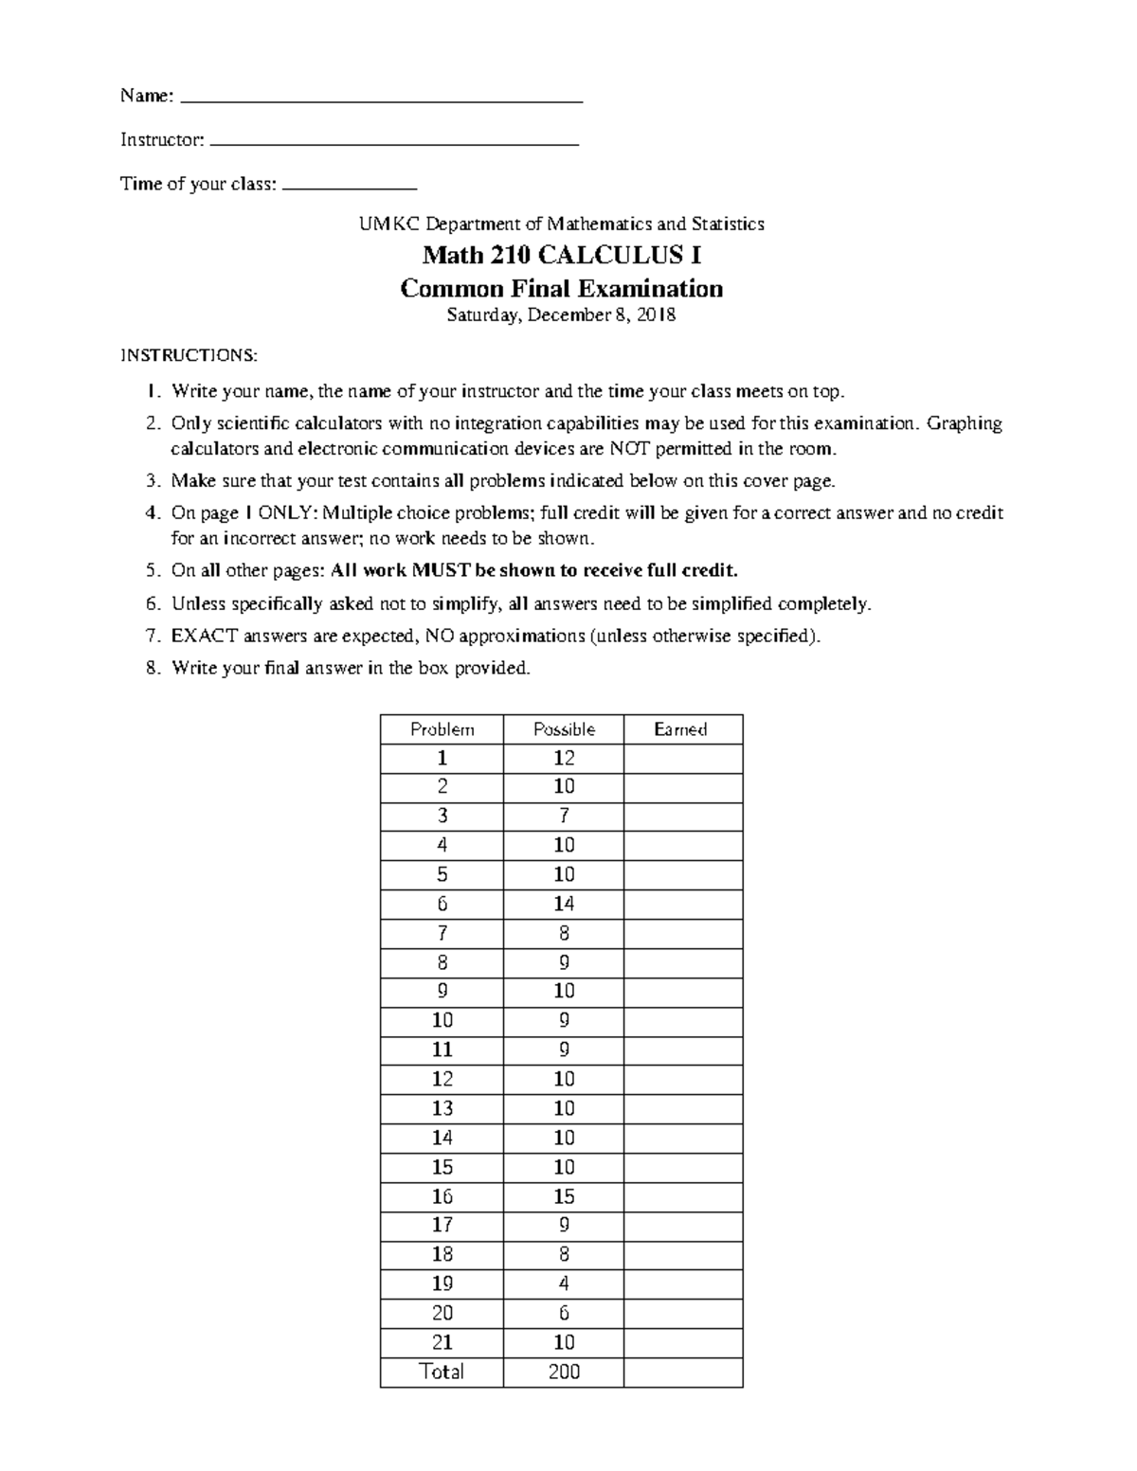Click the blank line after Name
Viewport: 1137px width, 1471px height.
tap(381, 99)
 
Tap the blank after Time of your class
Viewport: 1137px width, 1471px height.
tap(350, 187)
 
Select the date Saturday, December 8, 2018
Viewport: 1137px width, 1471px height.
tap(561, 315)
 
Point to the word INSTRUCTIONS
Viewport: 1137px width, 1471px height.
tap(188, 356)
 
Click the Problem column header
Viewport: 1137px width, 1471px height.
tap(442, 729)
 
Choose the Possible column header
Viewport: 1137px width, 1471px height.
tap(564, 729)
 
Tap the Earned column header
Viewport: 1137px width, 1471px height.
tap(681, 729)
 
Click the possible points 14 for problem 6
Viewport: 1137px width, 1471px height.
tap(564, 904)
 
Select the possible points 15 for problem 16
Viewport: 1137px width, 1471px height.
tap(564, 1196)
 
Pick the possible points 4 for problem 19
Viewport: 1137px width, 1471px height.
tap(564, 1283)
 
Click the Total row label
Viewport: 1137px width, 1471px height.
tap(442, 1372)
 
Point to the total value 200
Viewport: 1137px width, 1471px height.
tap(564, 1372)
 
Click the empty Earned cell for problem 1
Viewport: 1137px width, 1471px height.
tap(682, 759)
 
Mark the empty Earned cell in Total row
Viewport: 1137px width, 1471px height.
tap(682, 1372)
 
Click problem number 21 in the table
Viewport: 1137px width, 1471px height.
tap(442, 1342)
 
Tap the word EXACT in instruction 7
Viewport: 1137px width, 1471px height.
tap(204, 636)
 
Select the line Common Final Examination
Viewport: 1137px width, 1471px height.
tap(561, 288)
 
